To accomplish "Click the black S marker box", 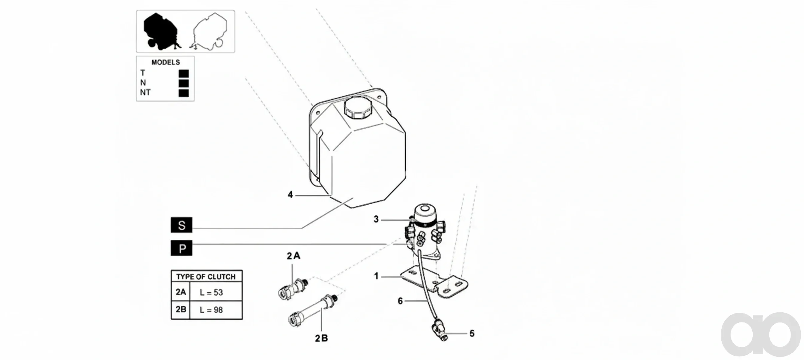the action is [x=181, y=225].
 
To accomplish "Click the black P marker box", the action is [x=181, y=248].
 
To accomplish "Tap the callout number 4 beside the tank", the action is [x=290, y=195].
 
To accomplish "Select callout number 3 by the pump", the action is [x=376, y=219].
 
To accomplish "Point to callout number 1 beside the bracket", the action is [x=377, y=276].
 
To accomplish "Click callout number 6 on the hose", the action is [x=400, y=301].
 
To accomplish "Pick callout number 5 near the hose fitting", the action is [x=472, y=334].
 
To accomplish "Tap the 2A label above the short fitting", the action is [x=293, y=256].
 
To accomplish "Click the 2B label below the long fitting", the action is [x=321, y=338].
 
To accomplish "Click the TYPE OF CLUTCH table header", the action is [x=206, y=277].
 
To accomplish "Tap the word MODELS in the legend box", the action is [x=165, y=62].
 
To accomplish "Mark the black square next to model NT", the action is [x=183, y=93].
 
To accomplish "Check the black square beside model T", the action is [x=183, y=73].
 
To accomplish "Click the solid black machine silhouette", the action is [x=161, y=31].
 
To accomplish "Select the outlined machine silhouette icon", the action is [x=210, y=31].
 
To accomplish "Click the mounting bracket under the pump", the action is [x=434, y=282].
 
